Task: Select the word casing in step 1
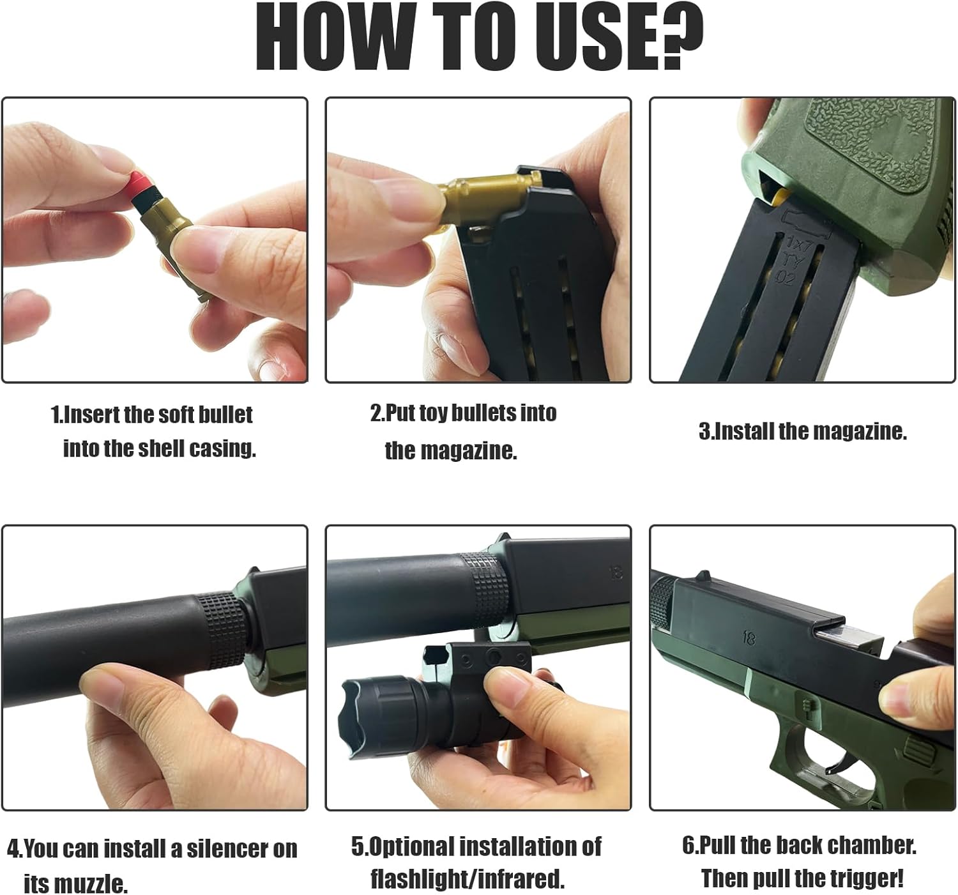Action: pos(222,450)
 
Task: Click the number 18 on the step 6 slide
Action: pos(749,639)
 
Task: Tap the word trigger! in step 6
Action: pos(863,878)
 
